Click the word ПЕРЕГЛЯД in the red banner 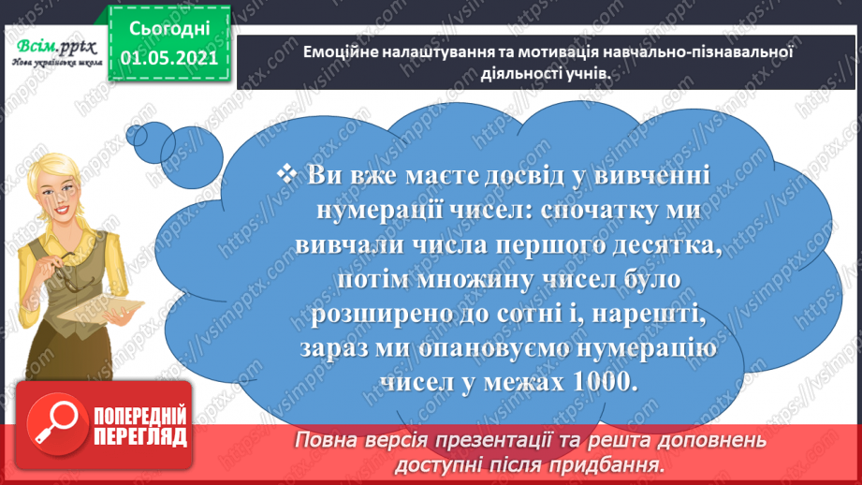[x=140, y=435]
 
